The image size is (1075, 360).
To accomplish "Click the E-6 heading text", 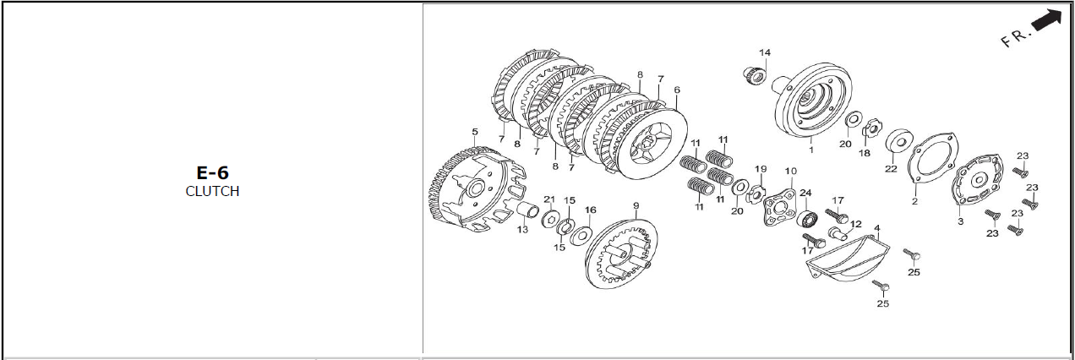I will (212, 173).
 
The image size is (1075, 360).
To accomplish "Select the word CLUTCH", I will (212, 191).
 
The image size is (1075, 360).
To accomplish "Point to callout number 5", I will (475, 132).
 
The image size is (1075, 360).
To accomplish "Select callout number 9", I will (636, 205).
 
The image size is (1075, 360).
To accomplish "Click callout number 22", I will (890, 169).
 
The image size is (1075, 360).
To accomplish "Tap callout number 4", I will (877, 228).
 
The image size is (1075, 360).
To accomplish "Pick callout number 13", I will (523, 230).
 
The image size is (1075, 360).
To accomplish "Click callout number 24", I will (805, 192).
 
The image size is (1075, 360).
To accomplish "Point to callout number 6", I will (677, 90).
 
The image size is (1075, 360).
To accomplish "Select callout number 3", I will (960, 221).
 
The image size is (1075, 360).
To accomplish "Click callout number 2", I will (914, 202).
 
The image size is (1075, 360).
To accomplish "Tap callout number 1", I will (811, 150).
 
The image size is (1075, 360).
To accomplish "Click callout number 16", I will (590, 210).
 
